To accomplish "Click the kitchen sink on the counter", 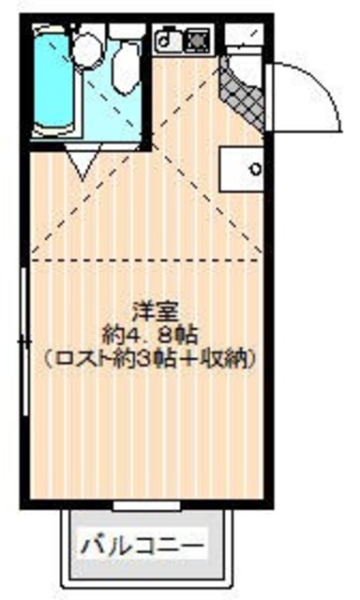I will (169, 40).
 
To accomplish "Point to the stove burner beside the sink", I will (197, 40).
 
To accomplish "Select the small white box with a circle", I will (240, 170).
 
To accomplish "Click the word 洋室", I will (150, 308).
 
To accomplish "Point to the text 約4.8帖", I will (150, 333).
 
